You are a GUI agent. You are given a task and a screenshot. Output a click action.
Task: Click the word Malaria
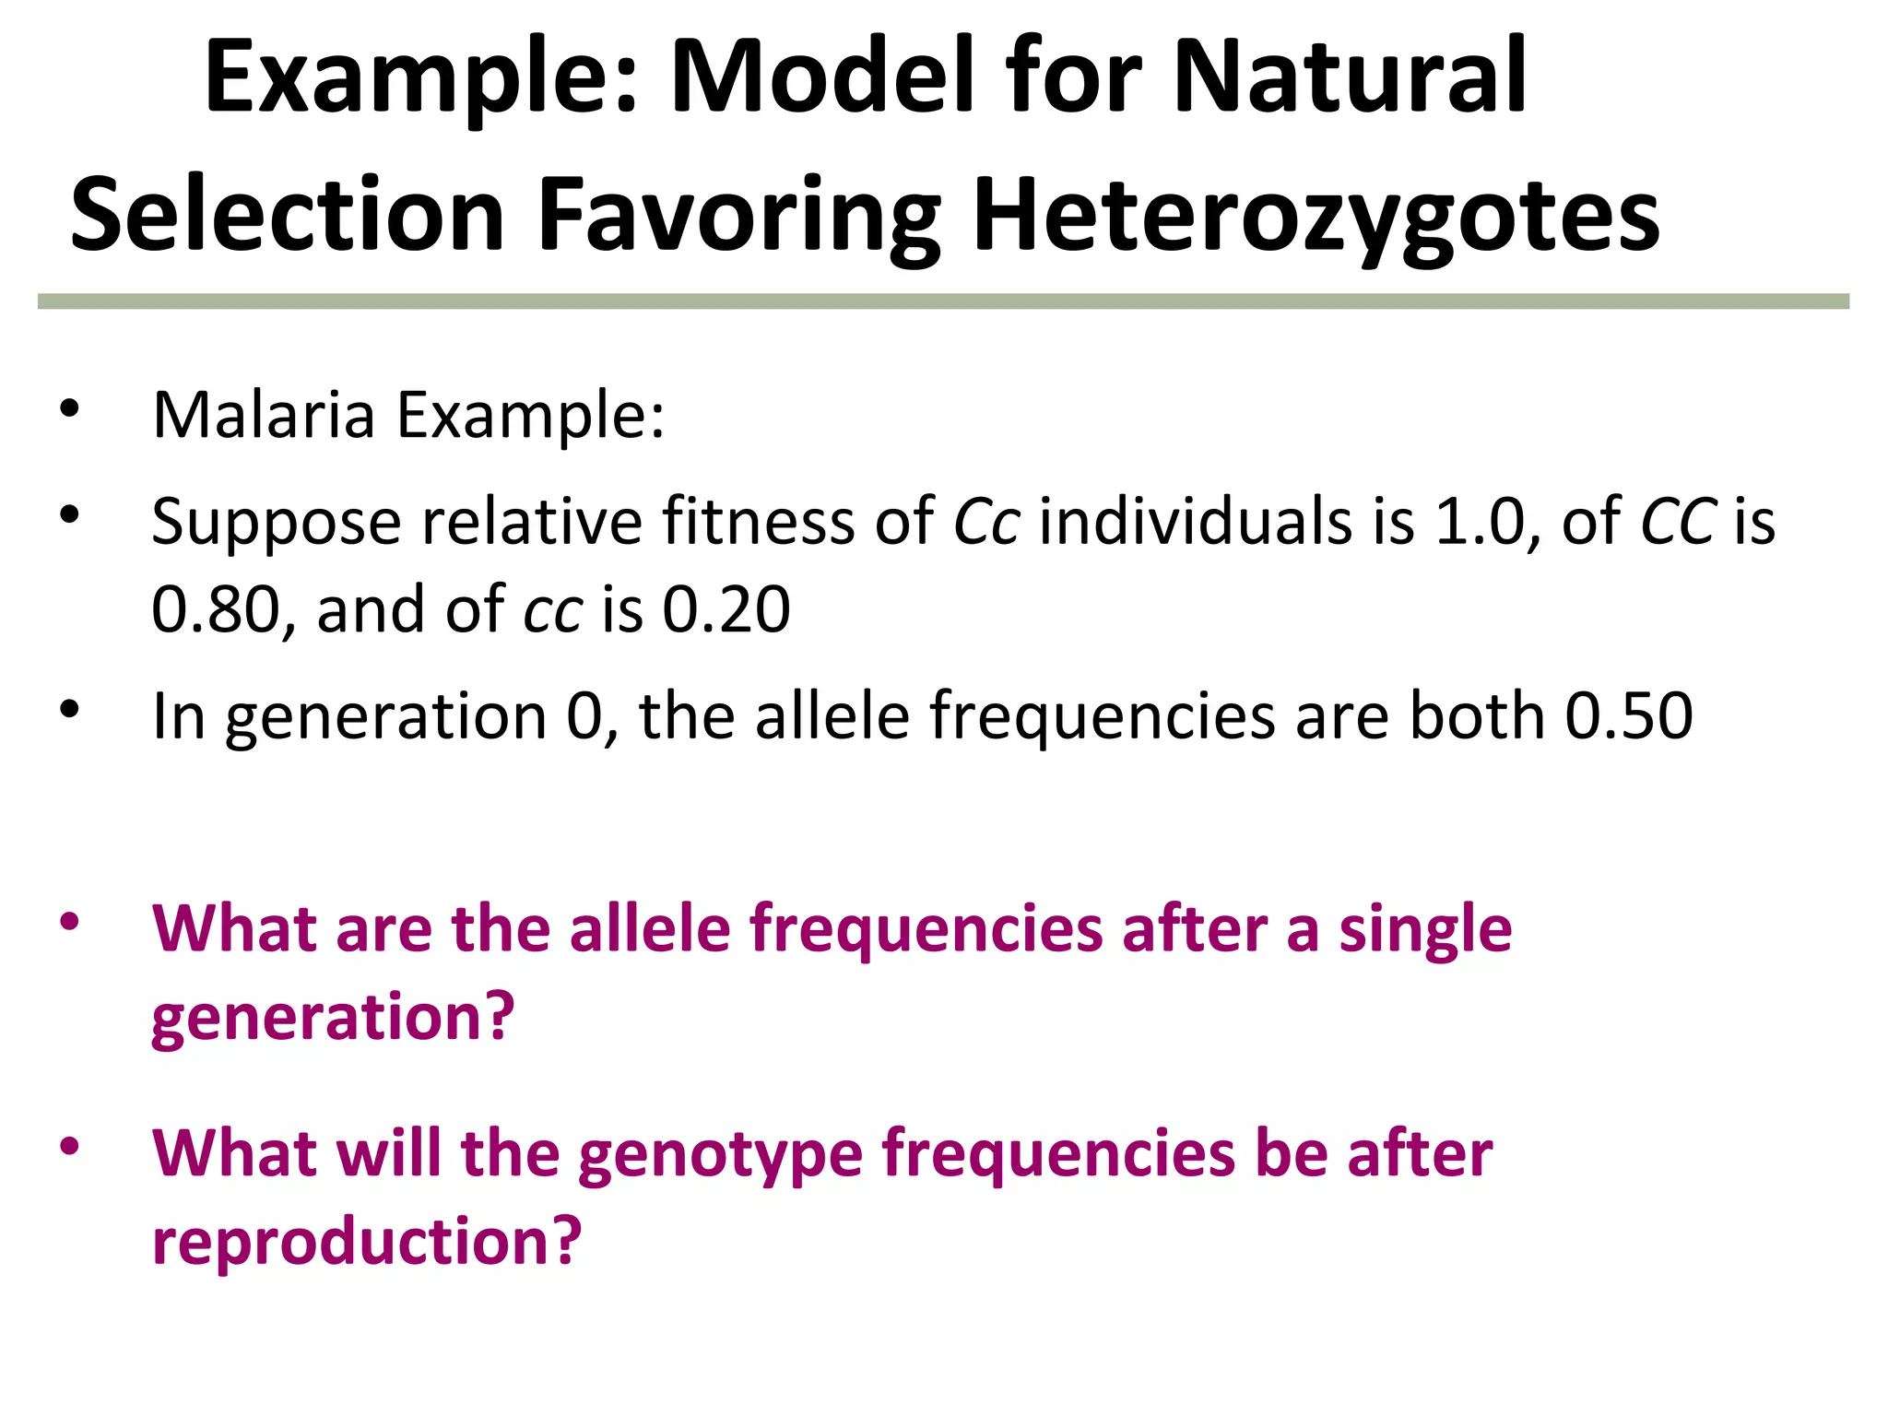(263, 415)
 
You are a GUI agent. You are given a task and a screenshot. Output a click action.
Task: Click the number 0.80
(216, 609)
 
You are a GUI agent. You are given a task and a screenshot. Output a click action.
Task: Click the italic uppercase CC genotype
(1678, 521)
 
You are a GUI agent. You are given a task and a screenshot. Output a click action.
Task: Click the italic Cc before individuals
(985, 521)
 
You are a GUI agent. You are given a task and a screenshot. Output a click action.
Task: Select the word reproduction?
(367, 1241)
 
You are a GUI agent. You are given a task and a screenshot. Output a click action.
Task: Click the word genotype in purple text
(720, 1154)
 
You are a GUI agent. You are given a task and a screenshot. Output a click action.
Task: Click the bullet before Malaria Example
(69, 408)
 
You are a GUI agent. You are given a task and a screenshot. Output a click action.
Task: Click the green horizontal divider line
(943, 301)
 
